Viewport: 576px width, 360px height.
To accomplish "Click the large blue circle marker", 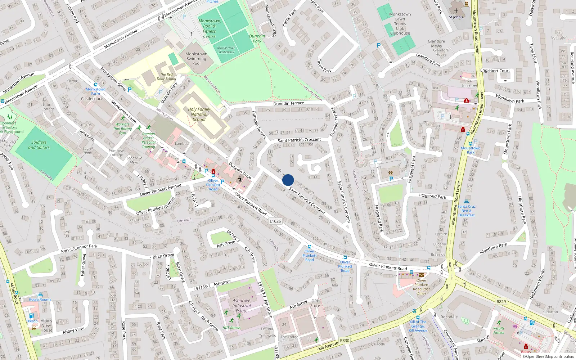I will click(x=288, y=180).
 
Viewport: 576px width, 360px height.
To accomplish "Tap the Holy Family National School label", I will click(x=199, y=114).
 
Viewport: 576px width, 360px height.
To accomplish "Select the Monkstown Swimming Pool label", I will click(x=196, y=59).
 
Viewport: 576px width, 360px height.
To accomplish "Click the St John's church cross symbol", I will click(x=456, y=11).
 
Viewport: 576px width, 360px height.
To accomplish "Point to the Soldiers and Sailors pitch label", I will click(x=39, y=145).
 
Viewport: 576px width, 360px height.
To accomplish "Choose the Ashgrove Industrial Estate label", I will click(x=242, y=306).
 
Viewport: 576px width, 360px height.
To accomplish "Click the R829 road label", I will click(x=501, y=302).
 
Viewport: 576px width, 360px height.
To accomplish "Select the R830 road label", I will click(x=345, y=340).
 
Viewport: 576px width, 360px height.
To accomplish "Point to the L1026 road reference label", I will click(x=275, y=221).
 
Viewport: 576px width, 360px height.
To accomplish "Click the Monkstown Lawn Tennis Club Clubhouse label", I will click(x=400, y=24).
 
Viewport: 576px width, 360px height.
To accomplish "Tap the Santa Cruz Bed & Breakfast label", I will click(x=467, y=211).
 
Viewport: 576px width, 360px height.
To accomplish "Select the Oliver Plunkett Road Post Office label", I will click(x=422, y=287).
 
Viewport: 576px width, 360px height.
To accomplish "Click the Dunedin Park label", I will click(x=257, y=39).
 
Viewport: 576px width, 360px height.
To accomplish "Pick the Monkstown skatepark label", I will click(x=226, y=50).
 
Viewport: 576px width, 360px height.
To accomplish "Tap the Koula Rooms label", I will click(x=40, y=300).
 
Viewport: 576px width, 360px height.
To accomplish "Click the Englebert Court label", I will click(x=495, y=71).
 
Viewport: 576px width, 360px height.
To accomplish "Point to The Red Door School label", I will click(x=166, y=77).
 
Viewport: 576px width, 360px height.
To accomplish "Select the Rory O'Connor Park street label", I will click(x=79, y=248).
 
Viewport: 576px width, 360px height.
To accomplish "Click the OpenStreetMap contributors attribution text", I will click(x=548, y=357).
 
